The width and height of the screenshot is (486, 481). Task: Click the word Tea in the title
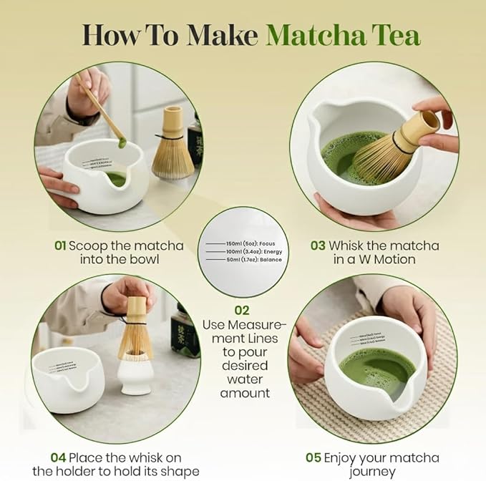(x=397, y=34)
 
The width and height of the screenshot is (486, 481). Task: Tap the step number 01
(x=61, y=246)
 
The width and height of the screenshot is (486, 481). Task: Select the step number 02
(x=243, y=311)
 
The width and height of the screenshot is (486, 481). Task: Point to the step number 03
(x=318, y=246)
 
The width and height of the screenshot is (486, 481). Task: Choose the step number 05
(x=314, y=457)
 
